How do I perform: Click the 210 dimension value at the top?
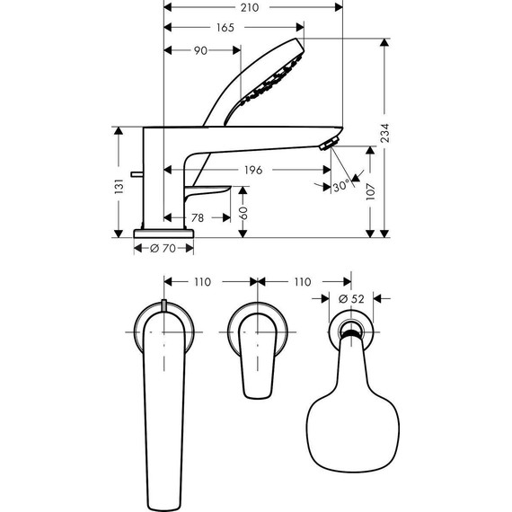250,7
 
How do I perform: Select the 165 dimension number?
225,28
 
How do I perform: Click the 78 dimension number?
197,218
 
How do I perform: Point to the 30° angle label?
340,187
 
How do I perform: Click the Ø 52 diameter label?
349,297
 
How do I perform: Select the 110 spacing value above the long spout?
202,281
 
